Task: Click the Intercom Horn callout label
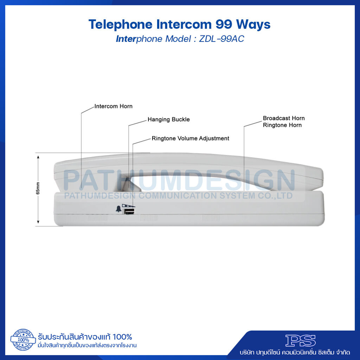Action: point(114,106)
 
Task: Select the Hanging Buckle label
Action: point(168,120)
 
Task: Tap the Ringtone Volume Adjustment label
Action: point(190,139)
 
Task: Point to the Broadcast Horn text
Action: point(284,118)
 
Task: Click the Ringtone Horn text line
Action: point(282,125)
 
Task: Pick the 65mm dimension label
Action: point(38,188)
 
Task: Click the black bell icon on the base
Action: point(118,209)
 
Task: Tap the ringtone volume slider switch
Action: point(129,211)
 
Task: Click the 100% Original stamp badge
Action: point(23,340)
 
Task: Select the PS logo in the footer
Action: point(300,340)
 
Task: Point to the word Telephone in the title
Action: point(121,25)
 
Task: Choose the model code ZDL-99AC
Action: point(221,39)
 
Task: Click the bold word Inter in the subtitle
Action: point(126,39)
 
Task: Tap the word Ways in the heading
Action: point(253,25)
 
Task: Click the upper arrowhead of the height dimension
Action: point(38,157)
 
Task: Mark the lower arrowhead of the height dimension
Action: point(38,222)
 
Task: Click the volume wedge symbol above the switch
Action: point(129,206)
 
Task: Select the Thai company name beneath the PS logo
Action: point(295,352)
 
